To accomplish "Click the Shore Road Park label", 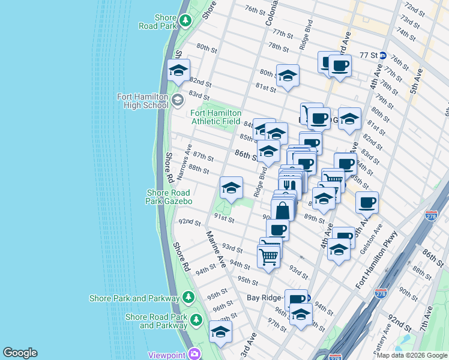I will click(x=158, y=21).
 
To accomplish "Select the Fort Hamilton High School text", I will click(x=143, y=101).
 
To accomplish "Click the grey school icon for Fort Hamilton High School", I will click(x=177, y=100).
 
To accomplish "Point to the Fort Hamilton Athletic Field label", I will click(x=216, y=117).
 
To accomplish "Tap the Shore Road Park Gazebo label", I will click(x=169, y=197).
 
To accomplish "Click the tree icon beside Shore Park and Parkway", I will click(x=188, y=298).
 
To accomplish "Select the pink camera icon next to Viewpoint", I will click(x=193, y=354).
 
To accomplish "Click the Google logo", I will click(x=20, y=353).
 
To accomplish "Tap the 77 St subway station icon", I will click(x=382, y=55).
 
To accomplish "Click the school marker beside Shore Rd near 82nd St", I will click(x=178, y=71).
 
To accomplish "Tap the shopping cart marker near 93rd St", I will click(x=268, y=256).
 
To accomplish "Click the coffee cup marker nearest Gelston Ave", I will click(x=367, y=203).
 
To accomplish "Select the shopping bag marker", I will click(x=283, y=211).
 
